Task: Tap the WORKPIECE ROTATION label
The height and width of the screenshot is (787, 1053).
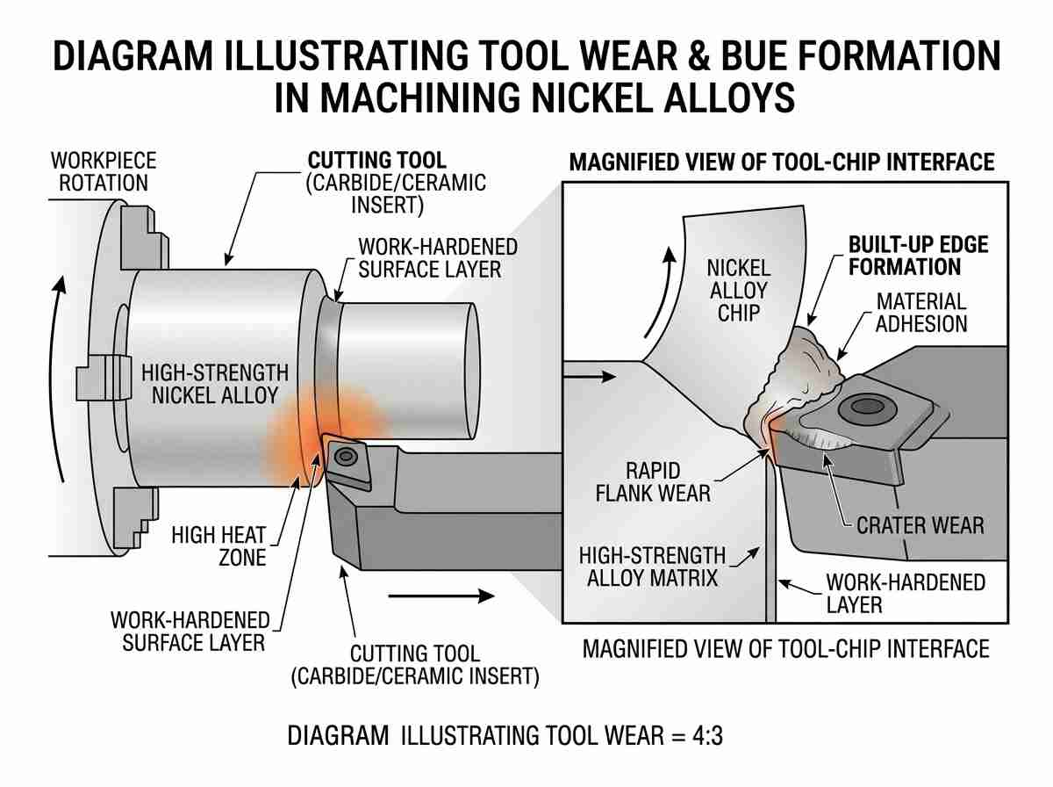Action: (x=104, y=172)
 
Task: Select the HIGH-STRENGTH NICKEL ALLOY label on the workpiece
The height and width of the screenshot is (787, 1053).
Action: (x=215, y=384)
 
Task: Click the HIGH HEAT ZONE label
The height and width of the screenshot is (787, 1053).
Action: (x=218, y=546)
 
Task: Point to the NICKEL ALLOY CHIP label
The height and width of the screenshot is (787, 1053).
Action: (x=739, y=291)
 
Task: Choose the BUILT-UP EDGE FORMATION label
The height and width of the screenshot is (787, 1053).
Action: (x=918, y=256)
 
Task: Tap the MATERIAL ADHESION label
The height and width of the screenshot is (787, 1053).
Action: (x=921, y=313)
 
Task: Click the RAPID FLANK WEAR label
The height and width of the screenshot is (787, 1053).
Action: (x=653, y=482)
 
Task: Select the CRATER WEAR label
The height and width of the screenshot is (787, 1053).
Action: (x=920, y=525)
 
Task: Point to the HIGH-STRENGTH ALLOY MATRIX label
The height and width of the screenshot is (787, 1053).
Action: (x=653, y=567)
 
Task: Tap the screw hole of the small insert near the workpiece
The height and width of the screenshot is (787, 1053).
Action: (x=346, y=456)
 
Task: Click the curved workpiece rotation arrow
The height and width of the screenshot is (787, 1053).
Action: (x=58, y=379)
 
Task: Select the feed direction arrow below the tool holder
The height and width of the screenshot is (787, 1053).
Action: (x=441, y=596)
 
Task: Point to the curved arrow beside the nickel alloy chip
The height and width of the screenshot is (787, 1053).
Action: (x=660, y=292)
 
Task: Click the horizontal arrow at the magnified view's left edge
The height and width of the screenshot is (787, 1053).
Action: (x=590, y=377)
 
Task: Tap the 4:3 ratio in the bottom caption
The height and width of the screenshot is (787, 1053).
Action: (x=707, y=736)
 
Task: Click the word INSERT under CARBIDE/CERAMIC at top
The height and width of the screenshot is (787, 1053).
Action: (x=387, y=205)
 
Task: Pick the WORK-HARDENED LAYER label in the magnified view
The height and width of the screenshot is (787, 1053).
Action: (x=906, y=593)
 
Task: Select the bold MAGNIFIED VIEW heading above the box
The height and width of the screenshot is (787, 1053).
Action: (x=782, y=162)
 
